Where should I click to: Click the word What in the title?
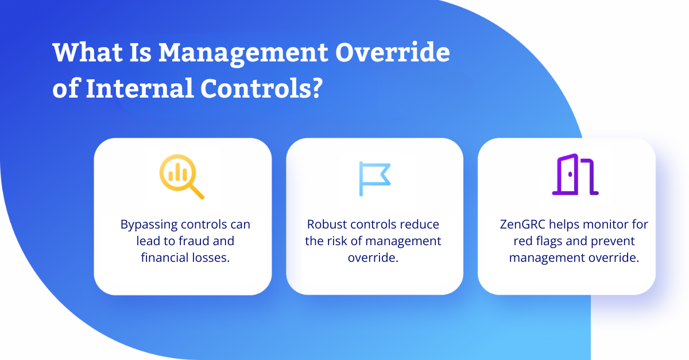[88, 52]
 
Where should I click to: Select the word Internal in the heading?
[140, 88]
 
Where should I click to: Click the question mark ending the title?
[316, 88]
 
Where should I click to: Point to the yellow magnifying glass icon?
[181, 177]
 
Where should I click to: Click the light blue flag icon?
[374, 179]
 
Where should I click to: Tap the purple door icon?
[575, 175]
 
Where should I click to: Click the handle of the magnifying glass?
[196, 191]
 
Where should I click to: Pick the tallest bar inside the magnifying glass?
[178, 172]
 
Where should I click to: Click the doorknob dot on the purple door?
[570, 175]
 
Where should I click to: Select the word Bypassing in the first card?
[149, 225]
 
